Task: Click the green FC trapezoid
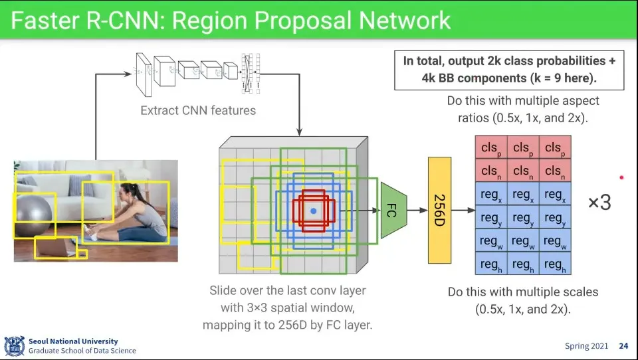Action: (391, 211)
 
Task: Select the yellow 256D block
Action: (439, 210)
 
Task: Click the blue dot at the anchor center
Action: (314, 210)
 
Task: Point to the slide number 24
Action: (623, 346)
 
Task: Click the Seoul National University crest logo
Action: (15, 345)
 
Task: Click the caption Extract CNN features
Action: (198, 110)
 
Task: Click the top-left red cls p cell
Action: (491, 148)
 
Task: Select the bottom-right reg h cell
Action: (555, 264)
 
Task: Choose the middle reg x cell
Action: (523, 195)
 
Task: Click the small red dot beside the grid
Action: (621, 177)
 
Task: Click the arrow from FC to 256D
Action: (417, 211)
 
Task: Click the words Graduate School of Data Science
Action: (82, 351)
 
